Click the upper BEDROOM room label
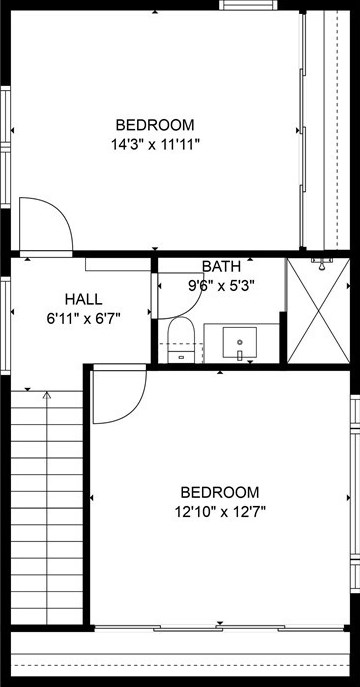pyautogui.click(x=155, y=125)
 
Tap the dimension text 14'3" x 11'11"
pyautogui.click(x=155, y=144)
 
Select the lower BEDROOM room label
pyautogui.click(x=219, y=492)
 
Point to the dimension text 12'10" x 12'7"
pyautogui.click(x=219, y=511)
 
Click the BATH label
pyautogui.click(x=221, y=267)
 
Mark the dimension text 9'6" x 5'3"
pyautogui.click(x=222, y=285)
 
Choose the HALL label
pyautogui.click(x=83, y=300)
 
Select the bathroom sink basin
pyautogui.click(x=240, y=342)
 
